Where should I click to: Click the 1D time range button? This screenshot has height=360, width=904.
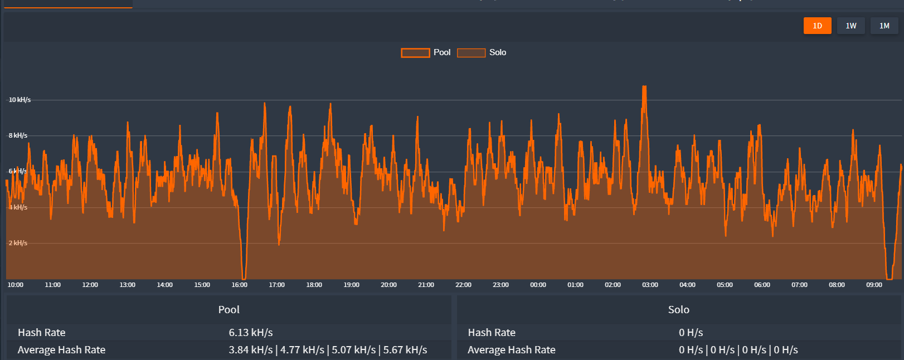point(817,26)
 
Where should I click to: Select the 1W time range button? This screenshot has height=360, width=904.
point(850,26)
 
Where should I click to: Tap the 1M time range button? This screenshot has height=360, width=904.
point(884,26)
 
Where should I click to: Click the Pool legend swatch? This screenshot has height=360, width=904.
point(415,53)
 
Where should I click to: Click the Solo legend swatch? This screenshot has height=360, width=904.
point(471,53)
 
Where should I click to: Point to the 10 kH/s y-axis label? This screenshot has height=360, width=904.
point(20,100)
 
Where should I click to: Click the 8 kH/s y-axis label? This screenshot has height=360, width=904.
point(18,135)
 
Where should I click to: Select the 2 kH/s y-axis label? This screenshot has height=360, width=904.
point(18,243)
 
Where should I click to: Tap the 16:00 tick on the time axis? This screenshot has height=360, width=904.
point(240,285)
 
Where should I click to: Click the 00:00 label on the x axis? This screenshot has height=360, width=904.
point(538,285)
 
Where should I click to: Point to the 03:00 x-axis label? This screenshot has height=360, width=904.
point(650,285)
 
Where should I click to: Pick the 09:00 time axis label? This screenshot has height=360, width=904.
point(874,285)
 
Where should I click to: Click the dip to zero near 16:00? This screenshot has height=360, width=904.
point(244,278)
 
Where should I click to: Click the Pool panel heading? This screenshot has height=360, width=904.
point(229,310)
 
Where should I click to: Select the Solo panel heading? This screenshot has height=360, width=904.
point(678,310)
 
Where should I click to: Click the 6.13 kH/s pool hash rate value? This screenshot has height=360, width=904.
point(251,333)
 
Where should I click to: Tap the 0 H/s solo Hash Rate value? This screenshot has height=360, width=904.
point(691,333)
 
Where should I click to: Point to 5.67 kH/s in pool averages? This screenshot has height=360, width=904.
point(405,350)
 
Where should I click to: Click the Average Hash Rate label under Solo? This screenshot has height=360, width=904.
point(511,350)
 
